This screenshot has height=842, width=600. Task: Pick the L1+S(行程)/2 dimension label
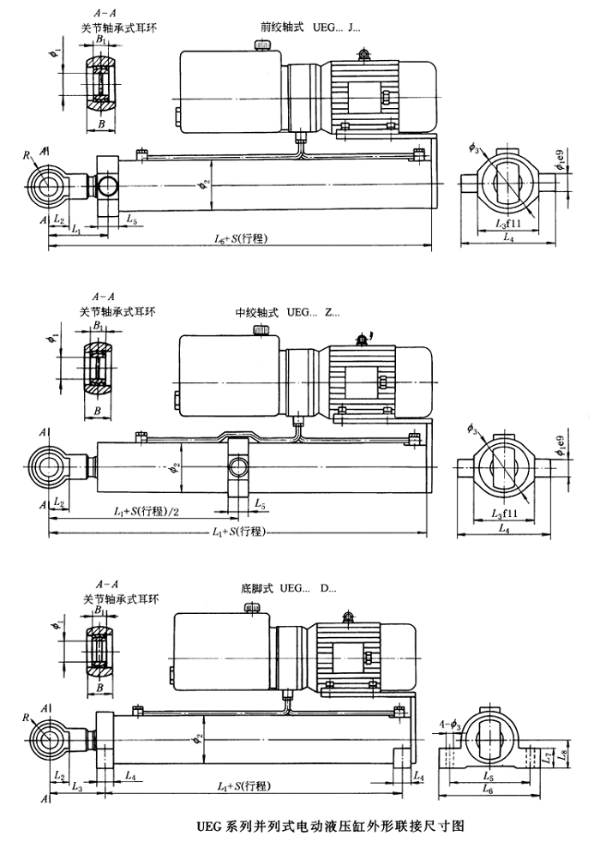[x=147, y=511]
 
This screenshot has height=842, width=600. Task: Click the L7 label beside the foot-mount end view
[x=549, y=759]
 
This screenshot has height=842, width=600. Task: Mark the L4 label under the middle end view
[x=509, y=523]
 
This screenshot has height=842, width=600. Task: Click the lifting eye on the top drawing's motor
[x=364, y=55]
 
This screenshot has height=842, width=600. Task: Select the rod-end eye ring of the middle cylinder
[x=48, y=466]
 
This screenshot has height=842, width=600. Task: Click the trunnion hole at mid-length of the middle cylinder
[x=237, y=467]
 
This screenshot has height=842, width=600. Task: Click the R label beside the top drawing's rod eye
[x=27, y=155]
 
